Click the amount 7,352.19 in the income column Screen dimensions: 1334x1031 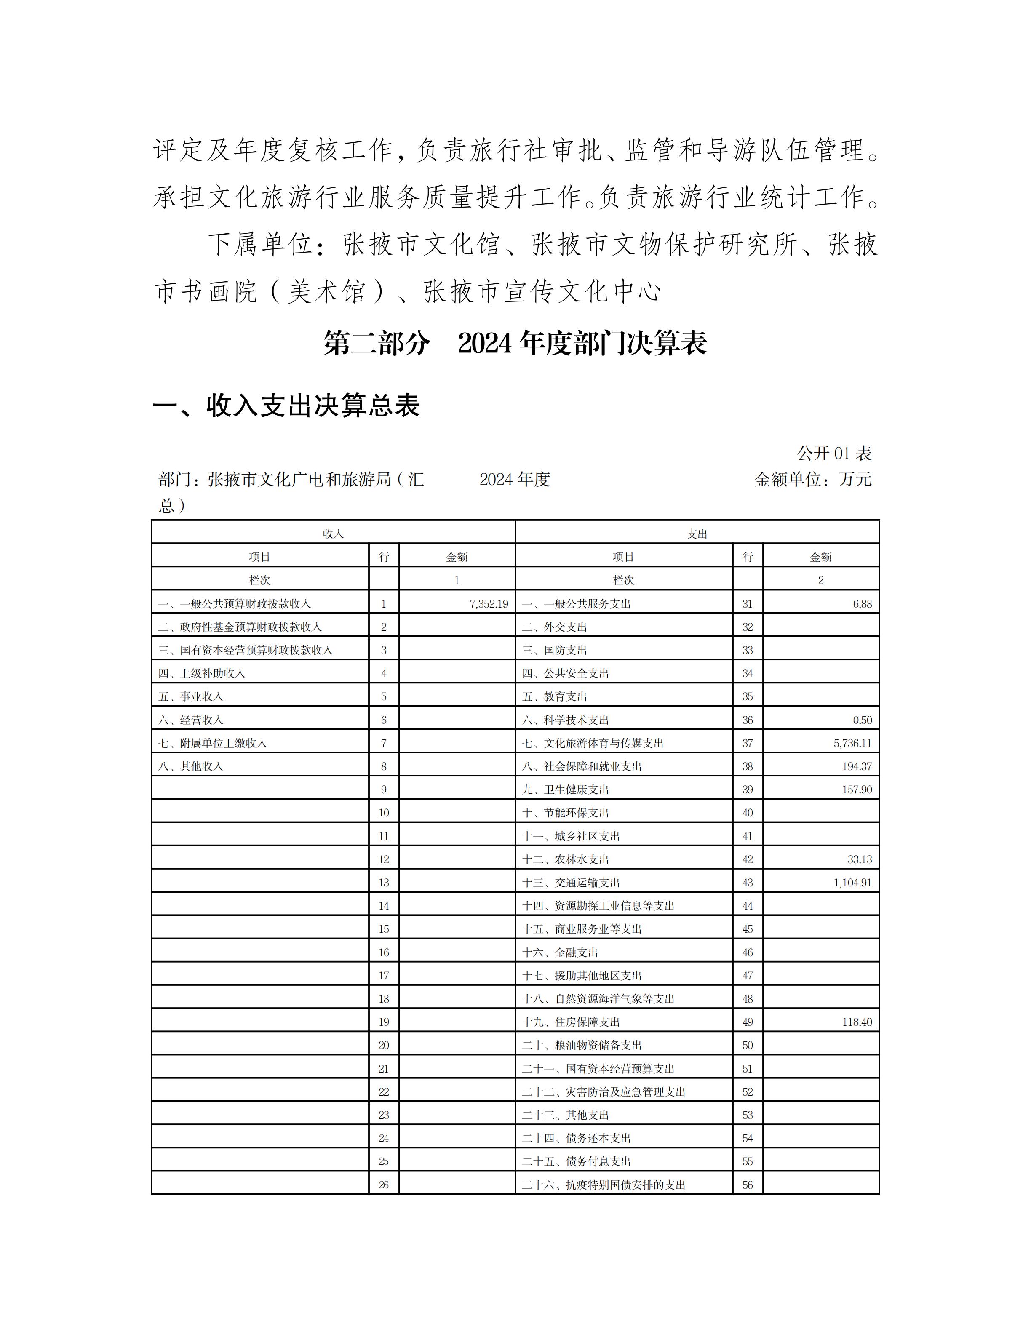tap(489, 603)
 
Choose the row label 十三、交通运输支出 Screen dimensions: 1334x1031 tap(571, 882)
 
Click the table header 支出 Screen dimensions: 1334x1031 tap(697, 533)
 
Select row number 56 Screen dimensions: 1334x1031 tap(748, 1185)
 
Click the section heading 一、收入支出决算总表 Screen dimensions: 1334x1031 tap(286, 406)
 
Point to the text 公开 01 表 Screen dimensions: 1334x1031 tap(834, 453)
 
